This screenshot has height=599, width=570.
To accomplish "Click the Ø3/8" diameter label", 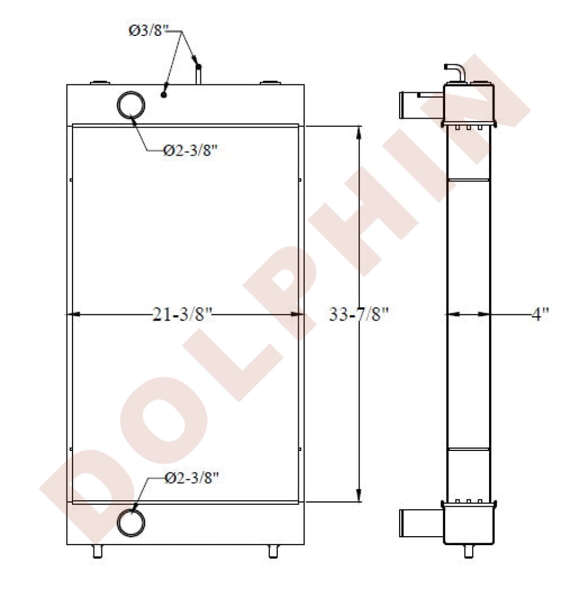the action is pos(148,31).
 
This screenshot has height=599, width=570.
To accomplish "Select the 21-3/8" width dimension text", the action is pos(182,314).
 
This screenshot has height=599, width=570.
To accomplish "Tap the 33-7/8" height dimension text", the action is pos(358,314).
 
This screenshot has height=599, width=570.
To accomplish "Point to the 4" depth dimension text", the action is pos(540,314).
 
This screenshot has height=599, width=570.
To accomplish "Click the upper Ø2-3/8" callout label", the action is pos(190,150).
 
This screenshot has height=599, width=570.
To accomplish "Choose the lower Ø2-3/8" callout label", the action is pos(191,477).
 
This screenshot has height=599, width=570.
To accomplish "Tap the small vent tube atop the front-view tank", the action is pos(198,74).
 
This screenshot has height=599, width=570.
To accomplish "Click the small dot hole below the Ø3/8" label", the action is pos(164,95).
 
